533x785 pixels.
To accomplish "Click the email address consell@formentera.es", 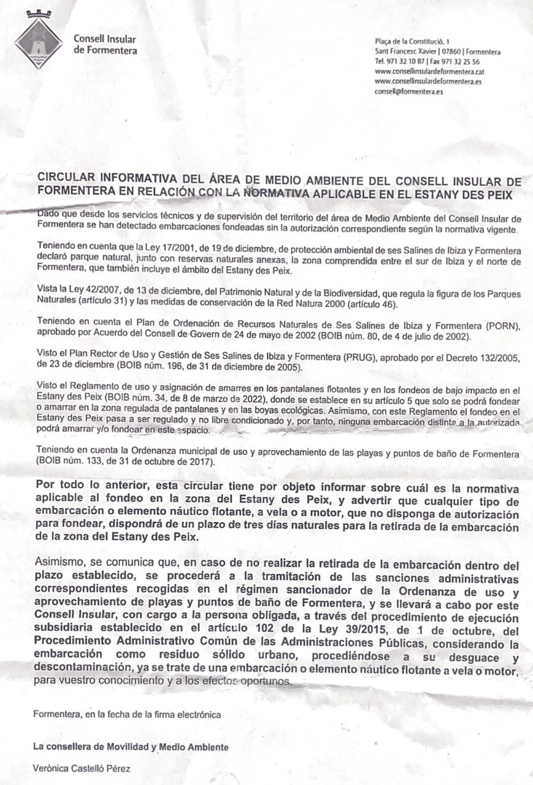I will [x=408, y=91].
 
